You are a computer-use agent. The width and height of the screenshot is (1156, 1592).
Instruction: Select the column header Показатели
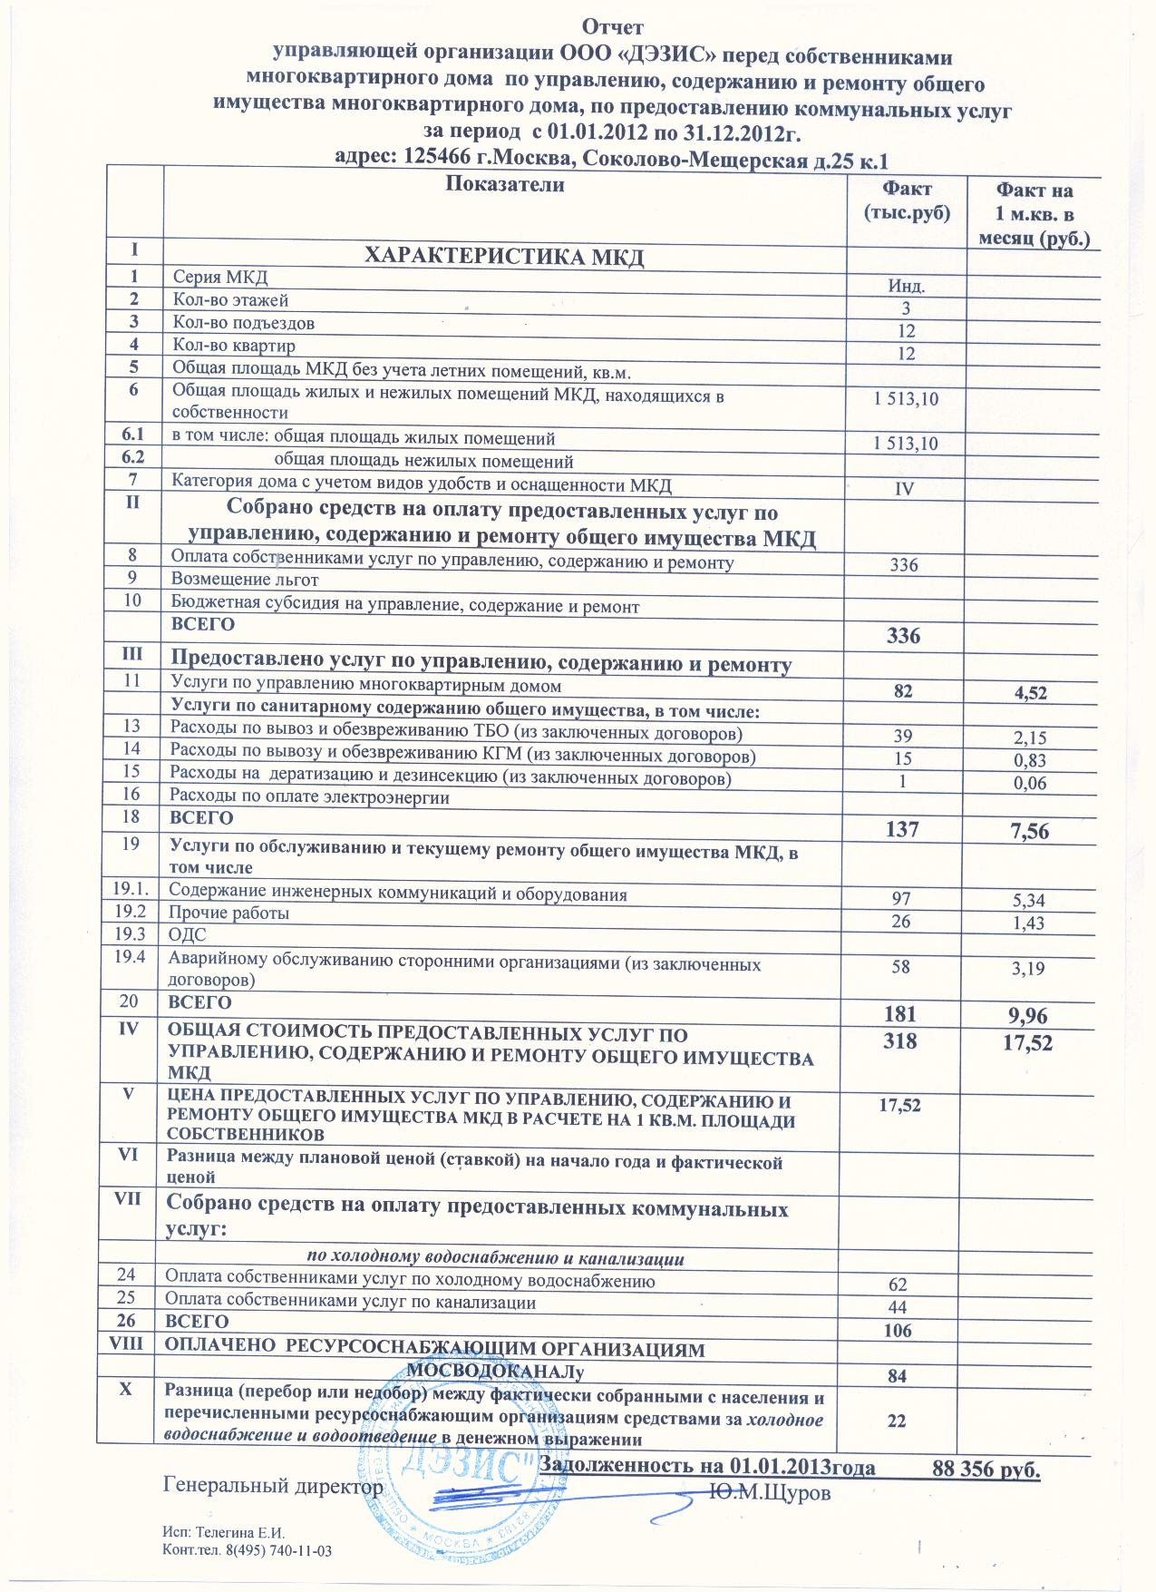505,185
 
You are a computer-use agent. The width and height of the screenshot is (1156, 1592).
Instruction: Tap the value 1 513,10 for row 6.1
905,444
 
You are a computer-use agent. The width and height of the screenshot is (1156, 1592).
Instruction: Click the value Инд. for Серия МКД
905,287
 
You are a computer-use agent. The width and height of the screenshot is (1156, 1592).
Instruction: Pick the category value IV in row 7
904,489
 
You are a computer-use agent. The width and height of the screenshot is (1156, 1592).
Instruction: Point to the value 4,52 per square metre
1031,694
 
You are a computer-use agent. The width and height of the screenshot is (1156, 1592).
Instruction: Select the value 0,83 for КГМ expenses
1031,760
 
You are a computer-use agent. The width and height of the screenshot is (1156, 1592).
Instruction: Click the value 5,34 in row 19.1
1030,900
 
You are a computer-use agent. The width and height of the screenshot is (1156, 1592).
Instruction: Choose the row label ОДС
189,934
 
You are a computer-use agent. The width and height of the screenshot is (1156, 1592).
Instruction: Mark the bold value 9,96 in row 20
1030,1014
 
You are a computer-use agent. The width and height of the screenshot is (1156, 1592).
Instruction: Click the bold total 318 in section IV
903,1041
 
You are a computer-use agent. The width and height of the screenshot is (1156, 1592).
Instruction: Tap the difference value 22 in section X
898,1421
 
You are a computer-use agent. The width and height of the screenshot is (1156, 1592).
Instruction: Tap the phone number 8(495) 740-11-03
281,1551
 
